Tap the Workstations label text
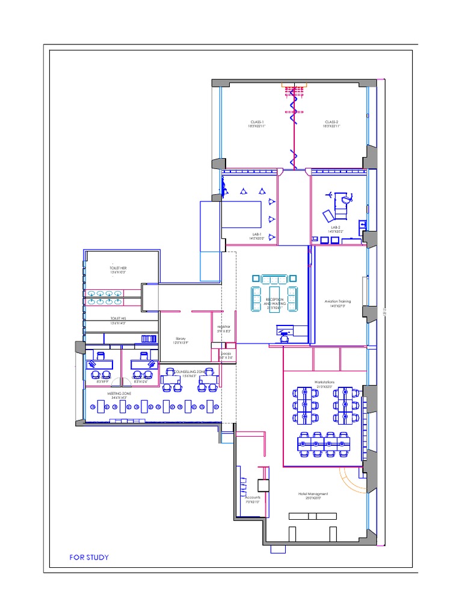pos(324,383)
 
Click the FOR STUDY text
pos(89,557)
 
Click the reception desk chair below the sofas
pos(285,339)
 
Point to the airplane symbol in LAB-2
pos(330,194)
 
